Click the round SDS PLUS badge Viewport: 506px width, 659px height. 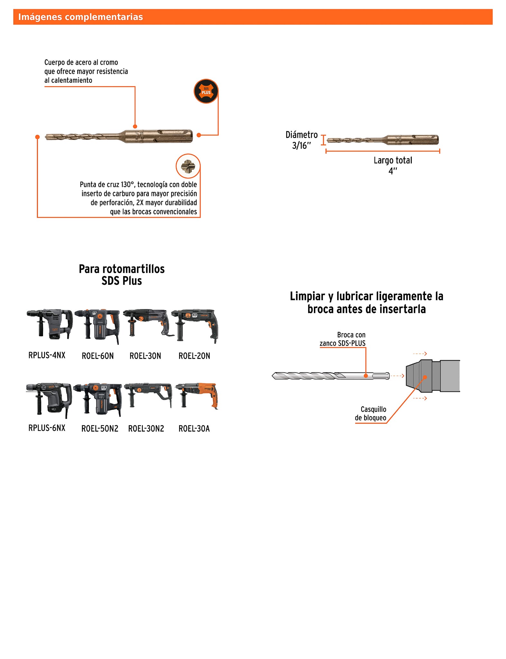tap(206, 91)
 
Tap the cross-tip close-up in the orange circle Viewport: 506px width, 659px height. tap(188, 166)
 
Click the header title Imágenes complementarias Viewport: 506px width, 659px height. tap(80, 17)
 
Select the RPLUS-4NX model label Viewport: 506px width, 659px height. tap(47, 355)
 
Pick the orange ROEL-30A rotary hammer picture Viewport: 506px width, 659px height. tap(197, 395)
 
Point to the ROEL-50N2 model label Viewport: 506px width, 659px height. tap(100, 429)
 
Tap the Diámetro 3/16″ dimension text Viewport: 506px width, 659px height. tap(301, 140)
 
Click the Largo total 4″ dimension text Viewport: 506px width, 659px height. tap(393, 165)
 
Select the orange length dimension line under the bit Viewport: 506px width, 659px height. tap(382, 151)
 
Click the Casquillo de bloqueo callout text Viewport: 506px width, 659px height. tap(371, 413)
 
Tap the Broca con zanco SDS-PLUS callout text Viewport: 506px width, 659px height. tap(343, 339)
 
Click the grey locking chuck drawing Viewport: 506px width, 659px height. tap(432, 376)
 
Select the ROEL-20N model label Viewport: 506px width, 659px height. tap(194, 356)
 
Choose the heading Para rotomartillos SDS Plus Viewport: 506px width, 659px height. tap(122, 275)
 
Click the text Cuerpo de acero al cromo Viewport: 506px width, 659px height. tap(81, 62)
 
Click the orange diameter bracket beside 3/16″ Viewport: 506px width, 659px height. tap(323, 140)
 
